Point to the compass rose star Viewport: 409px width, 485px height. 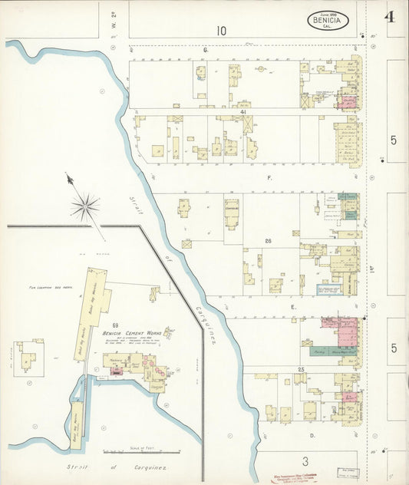(x=85, y=205)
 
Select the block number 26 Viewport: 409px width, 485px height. (x=269, y=242)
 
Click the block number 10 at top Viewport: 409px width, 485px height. (x=221, y=31)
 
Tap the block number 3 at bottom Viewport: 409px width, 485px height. (x=305, y=461)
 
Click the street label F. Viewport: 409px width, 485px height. (x=269, y=177)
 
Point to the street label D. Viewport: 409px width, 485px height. (x=312, y=435)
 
